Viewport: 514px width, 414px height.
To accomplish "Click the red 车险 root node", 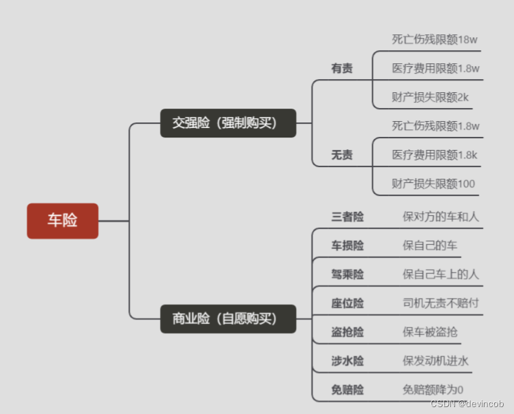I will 63,221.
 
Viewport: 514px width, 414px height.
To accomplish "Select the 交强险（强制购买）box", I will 228,123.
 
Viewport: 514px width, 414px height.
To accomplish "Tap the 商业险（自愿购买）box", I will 228,318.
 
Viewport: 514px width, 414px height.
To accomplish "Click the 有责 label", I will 342,69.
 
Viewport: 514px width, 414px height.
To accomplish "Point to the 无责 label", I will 342,155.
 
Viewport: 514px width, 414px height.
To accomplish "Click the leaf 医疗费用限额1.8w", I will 435,68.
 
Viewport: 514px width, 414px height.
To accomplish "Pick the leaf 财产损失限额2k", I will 430,97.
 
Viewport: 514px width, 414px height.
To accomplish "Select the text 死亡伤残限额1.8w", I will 435,126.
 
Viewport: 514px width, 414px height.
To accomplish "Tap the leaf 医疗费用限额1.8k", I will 434,155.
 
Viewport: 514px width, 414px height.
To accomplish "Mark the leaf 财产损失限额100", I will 433,184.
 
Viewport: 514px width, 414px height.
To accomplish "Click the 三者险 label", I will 347,217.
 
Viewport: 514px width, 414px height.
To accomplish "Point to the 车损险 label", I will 347,246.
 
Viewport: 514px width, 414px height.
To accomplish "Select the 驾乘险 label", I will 347,274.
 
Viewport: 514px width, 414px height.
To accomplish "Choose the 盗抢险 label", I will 347,332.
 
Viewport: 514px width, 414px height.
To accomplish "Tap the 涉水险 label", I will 347,361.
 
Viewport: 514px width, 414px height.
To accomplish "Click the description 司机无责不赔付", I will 440,303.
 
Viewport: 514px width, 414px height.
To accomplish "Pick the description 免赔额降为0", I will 433,390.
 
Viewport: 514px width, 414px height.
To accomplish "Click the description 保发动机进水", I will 436,361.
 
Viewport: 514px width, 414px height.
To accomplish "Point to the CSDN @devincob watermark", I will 467,404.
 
